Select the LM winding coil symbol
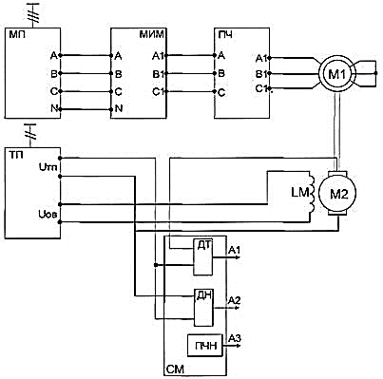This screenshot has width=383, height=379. [x=312, y=193]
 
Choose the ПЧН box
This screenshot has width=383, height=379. [x=205, y=346]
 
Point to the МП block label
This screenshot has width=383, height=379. [x=17, y=34]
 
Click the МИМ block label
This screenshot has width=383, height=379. [x=152, y=34]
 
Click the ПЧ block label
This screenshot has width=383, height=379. [x=225, y=34]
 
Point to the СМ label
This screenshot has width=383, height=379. [x=175, y=370]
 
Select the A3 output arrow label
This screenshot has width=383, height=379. [x=235, y=338]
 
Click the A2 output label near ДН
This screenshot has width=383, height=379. [x=235, y=300]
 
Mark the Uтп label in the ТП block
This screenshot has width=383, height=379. [x=48, y=166]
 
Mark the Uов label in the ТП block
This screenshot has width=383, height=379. [x=48, y=215]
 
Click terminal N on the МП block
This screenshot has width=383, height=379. [x=60, y=109]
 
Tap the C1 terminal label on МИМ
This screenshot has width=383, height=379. [x=158, y=92]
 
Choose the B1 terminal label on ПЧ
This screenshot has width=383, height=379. [x=261, y=74]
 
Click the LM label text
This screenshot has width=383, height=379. [x=298, y=192]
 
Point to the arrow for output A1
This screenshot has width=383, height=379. [x=226, y=257]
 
